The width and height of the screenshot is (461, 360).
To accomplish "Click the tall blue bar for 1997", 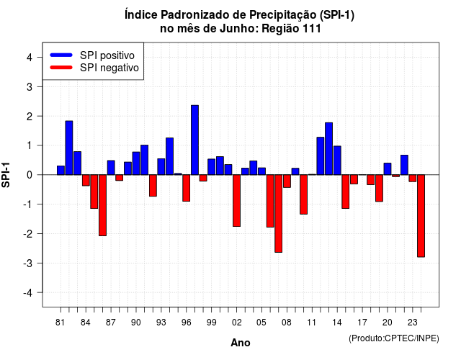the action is [x=194, y=140].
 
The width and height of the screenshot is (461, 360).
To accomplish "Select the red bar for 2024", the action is [x=421, y=216].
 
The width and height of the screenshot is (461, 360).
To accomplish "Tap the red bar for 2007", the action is [x=279, y=213].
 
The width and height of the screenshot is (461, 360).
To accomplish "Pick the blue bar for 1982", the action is [x=69, y=148].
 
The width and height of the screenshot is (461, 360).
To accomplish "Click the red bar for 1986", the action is [x=102, y=205].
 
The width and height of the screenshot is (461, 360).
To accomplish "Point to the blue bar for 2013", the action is [x=329, y=149].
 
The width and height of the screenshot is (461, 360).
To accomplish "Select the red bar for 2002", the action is [x=237, y=200].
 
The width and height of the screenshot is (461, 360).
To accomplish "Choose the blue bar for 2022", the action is [x=404, y=165].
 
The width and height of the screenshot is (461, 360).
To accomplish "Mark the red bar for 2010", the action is [x=304, y=194].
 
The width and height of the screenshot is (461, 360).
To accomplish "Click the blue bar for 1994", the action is [x=170, y=156].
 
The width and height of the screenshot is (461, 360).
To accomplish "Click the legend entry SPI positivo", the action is [x=107, y=55].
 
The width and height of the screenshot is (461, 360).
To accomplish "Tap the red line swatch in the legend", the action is [x=61, y=68].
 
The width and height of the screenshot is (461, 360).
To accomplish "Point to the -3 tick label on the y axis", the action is [x=29, y=263].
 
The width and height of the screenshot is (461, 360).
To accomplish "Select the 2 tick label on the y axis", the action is [x=30, y=117].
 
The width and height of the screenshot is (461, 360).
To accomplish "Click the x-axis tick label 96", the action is [x=186, y=323].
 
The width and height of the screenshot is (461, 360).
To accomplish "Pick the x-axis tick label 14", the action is [x=337, y=323].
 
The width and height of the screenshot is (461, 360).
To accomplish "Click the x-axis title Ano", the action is [x=241, y=343].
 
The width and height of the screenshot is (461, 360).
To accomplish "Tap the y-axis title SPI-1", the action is [x=6, y=175].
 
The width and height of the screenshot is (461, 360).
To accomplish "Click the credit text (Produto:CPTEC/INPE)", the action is [x=394, y=338].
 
